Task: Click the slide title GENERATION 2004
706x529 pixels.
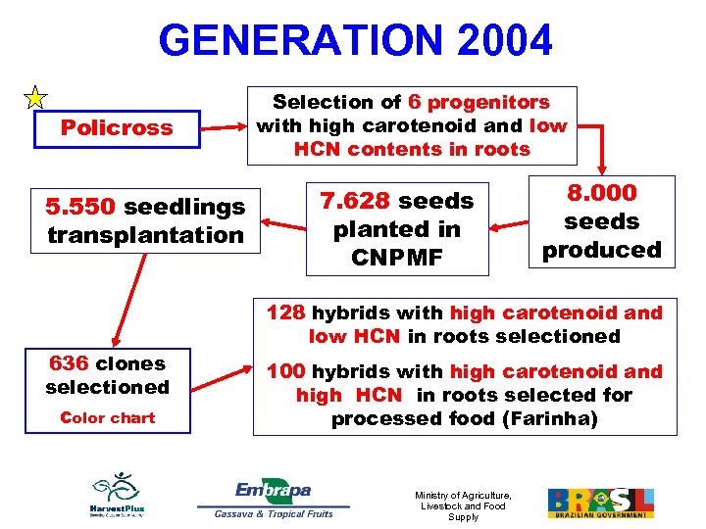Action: pos(355,41)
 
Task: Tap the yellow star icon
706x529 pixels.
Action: pos(34,97)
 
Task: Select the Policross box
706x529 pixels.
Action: pos(117,127)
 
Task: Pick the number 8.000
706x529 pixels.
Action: pos(603,193)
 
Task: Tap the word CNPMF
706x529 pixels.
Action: pos(396,257)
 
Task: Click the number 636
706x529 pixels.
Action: pos(70,363)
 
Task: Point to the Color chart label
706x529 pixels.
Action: pos(108,417)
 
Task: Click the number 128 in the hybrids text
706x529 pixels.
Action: pos(286,313)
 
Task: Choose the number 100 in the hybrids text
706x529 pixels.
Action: pos(286,371)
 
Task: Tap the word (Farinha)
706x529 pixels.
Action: pos(582,418)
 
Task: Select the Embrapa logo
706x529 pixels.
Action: pos(273,498)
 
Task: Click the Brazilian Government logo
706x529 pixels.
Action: pos(600,502)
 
